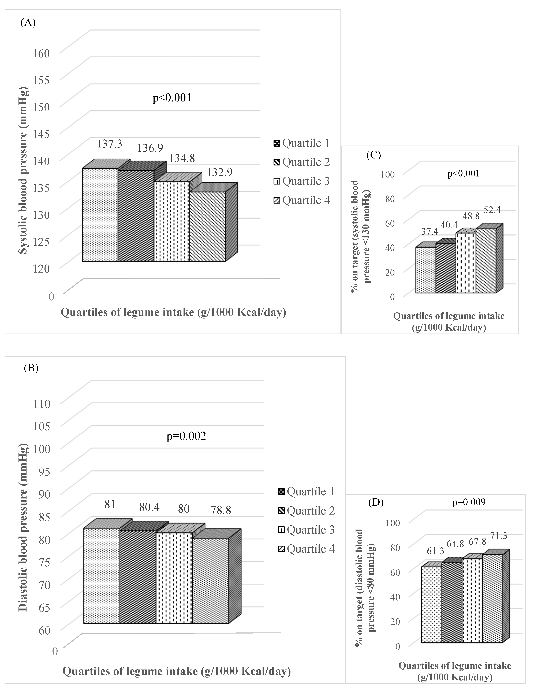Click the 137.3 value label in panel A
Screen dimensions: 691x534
click(109, 144)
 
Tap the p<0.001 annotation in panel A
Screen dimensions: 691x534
click(172, 98)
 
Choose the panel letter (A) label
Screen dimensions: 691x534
click(28, 23)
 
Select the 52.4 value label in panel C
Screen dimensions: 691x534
click(492, 210)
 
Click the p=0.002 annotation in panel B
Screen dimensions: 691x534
click(186, 436)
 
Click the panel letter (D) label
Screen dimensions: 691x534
click(376, 503)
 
